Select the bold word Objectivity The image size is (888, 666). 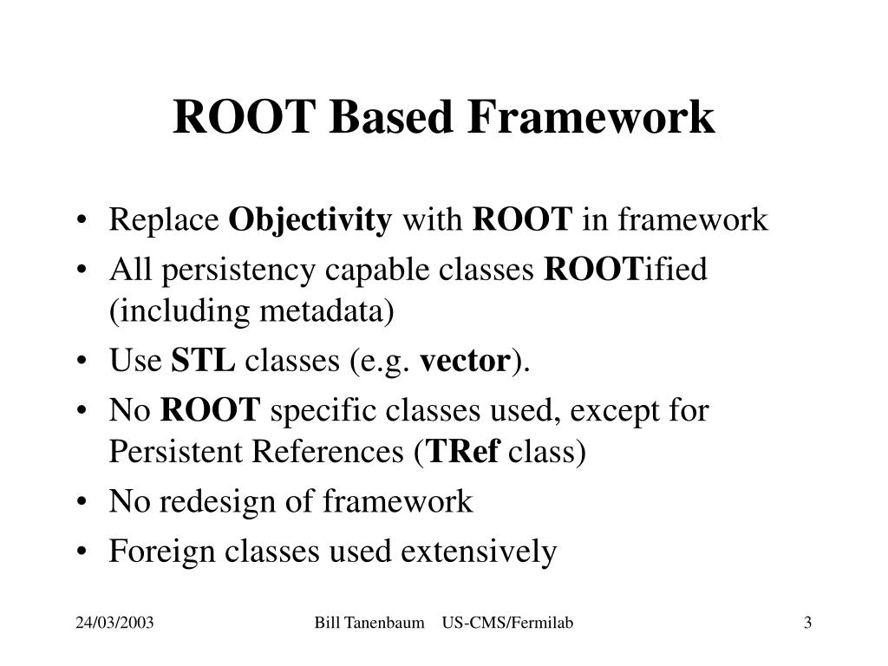[310, 221]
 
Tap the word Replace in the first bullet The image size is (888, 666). [164, 221]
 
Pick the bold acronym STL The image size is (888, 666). [203, 360]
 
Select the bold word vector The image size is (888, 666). [465, 360]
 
